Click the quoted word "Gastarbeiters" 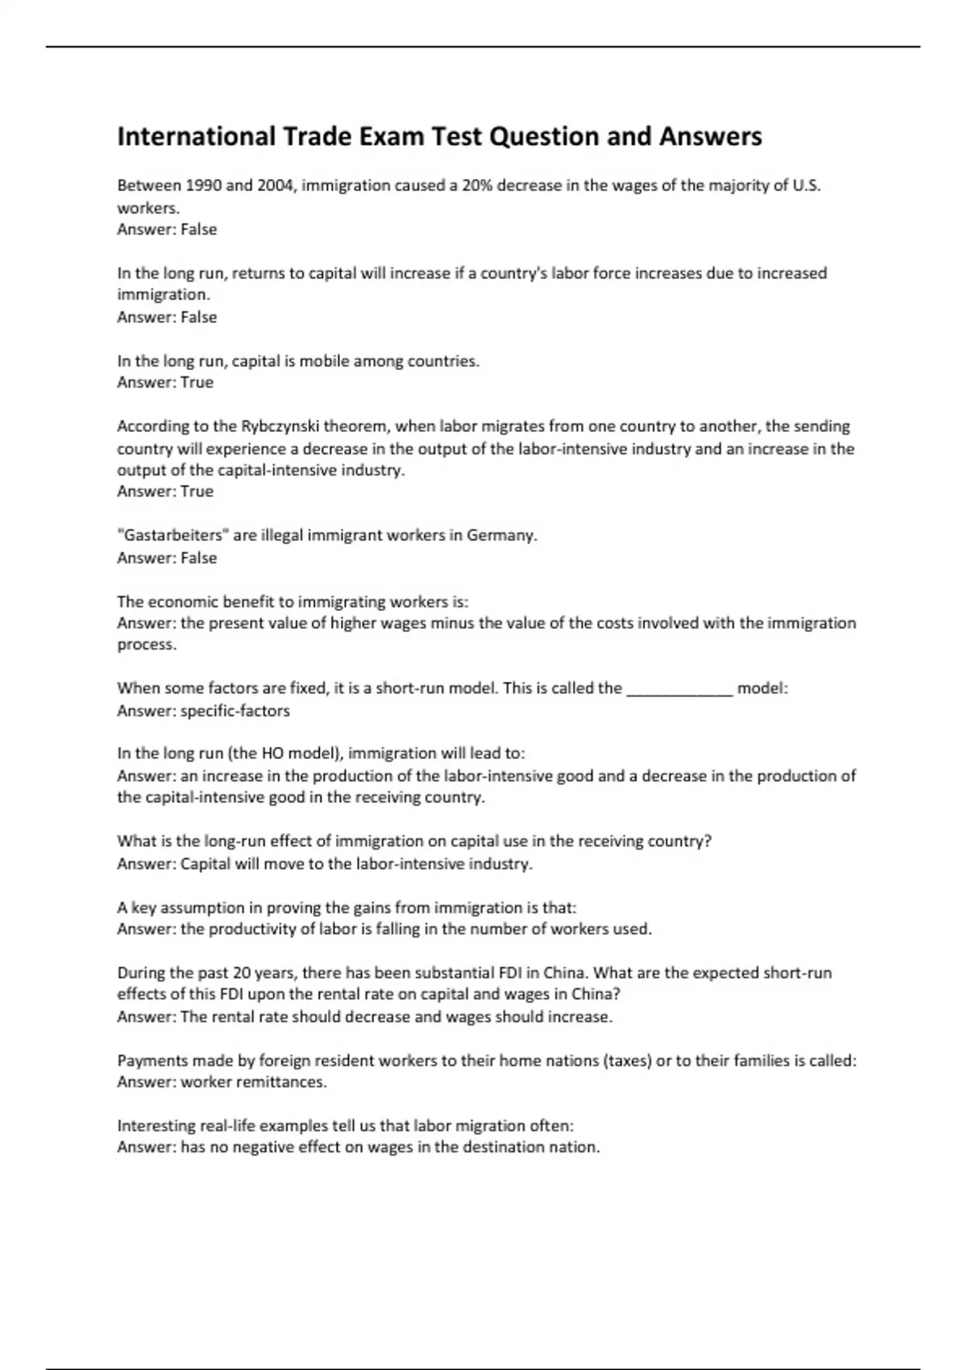pos(172,536)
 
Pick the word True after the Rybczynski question pos(197,492)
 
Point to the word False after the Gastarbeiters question pos(199,558)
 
